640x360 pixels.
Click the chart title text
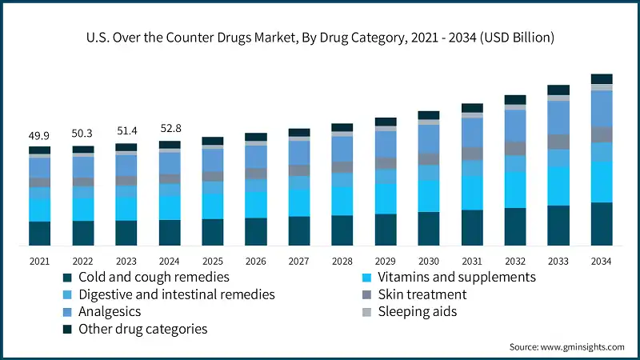(x=320, y=38)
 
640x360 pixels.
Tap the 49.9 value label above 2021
(x=39, y=136)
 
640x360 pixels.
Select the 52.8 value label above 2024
(x=170, y=127)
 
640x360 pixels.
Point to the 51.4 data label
(x=126, y=130)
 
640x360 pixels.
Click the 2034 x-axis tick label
(x=602, y=261)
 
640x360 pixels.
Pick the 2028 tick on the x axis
(x=342, y=261)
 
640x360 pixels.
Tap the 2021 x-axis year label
(x=39, y=261)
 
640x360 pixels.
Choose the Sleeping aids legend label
(x=417, y=311)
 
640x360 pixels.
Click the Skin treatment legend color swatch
(x=366, y=294)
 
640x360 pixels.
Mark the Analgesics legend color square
(x=68, y=312)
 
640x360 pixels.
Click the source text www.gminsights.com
(x=567, y=346)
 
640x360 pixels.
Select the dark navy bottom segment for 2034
(x=602, y=223)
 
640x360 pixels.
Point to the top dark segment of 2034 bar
(x=602, y=78)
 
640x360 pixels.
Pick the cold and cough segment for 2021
(x=39, y=233)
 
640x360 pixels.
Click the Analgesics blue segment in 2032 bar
(x=515, y=126)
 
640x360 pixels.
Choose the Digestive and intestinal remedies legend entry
(x=176, y=294)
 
